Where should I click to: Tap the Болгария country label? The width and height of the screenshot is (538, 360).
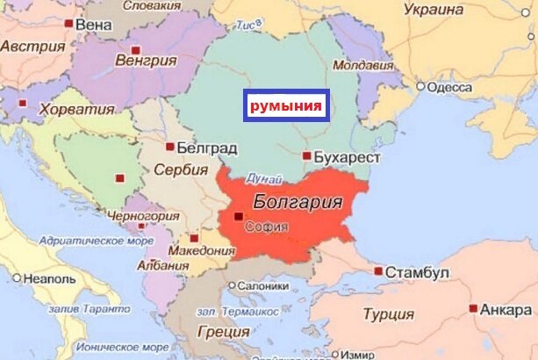(298, 202)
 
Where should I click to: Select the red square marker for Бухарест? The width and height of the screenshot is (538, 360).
(306, 156)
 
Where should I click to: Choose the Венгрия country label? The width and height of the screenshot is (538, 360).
(147, 61)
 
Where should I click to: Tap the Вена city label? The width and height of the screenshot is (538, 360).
(94, 25)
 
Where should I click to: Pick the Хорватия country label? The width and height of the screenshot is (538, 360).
(80, 110)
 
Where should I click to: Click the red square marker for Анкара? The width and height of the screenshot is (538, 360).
(474, 309)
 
